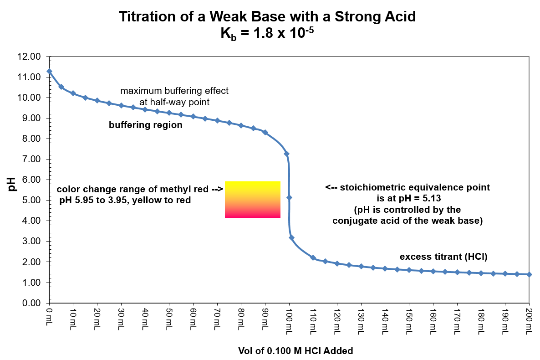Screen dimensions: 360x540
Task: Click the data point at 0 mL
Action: click(50, 72)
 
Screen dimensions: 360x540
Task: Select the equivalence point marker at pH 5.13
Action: click(289, 197)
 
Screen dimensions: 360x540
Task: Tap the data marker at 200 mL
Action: click(529, 274)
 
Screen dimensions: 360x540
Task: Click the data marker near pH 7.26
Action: click(286, 154)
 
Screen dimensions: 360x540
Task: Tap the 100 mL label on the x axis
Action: click(289, 321)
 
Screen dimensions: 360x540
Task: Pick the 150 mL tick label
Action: click(408, 321)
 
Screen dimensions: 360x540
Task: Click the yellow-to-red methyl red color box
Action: click(252, 199)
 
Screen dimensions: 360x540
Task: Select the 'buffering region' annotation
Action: click(145, 125)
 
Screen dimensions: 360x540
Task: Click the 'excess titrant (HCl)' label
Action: click(443, 257)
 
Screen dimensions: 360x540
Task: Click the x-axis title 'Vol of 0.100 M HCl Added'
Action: click(295, 351)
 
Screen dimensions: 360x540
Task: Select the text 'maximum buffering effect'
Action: click(174, 91)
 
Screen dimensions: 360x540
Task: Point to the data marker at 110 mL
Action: click(313, 258)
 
